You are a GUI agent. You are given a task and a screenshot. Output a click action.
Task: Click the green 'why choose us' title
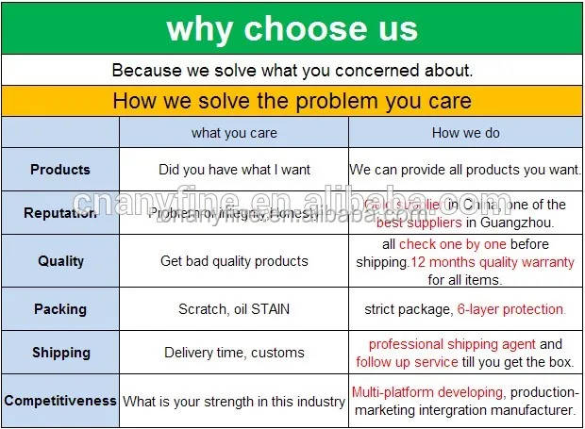(x=292, y=28)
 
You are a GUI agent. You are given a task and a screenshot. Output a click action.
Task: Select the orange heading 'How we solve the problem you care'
(x=292, y=100)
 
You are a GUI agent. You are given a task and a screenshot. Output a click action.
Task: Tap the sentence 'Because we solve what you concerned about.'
(x=292, y=70)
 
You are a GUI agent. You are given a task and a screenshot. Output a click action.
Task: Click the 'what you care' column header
(x=234, y=133)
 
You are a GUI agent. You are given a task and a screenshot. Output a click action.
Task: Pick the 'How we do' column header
(x=466, y=133)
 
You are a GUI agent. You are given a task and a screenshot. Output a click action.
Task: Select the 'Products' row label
(x=60, y=170)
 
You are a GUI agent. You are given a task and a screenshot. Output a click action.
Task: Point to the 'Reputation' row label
(x=60, y=213)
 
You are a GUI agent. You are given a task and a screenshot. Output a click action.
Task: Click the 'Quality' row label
(x=60, y=260)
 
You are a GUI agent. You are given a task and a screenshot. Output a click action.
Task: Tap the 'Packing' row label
(x=60, y=308)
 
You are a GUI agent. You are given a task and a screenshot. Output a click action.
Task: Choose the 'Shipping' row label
(x=60, y=353)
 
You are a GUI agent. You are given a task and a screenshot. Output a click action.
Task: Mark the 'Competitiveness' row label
(x=60, y=401)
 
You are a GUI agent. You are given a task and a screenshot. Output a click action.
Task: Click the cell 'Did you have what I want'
(x=234, y=170)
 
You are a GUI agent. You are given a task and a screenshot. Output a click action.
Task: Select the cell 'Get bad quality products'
(x=234, y=260)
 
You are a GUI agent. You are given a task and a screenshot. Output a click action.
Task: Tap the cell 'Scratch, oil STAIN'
(x=234, y=308)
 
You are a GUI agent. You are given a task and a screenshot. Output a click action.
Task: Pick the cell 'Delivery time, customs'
(x=234, y=353)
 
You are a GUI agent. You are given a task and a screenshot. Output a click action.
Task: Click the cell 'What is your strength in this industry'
(x=234, y=402)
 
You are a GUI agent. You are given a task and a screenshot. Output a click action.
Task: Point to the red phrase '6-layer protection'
(x=510, y=308)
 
